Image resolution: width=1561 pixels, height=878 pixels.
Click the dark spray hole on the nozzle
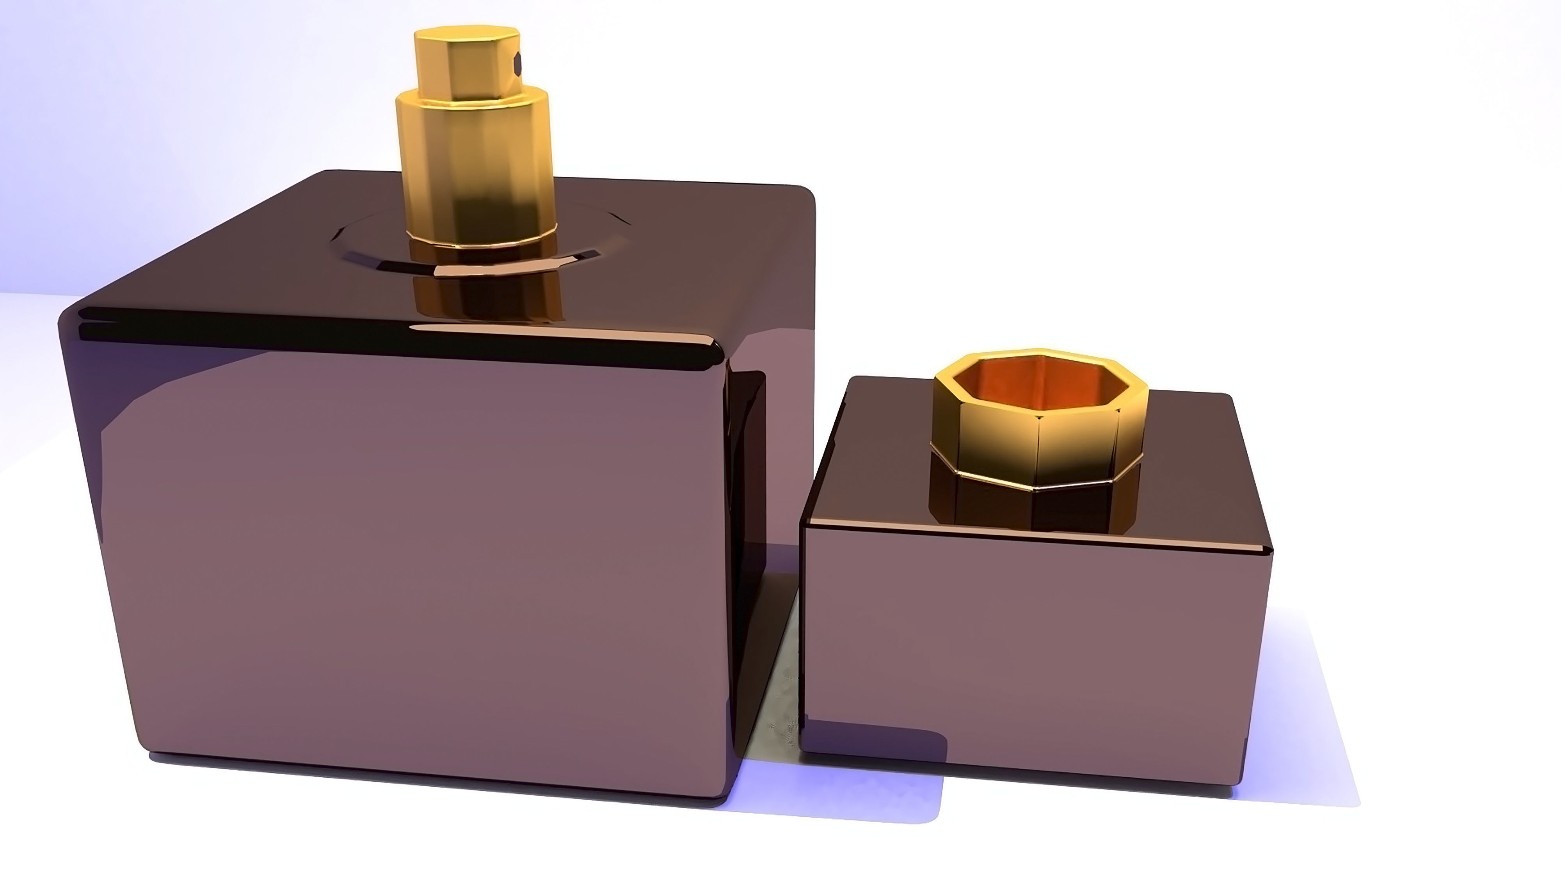[x=517, y=62]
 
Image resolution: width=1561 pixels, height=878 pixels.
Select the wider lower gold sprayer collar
[x=473, y=164]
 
